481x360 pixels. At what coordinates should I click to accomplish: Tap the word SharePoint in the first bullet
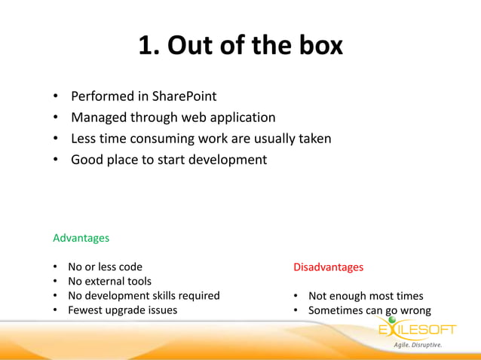click(184, 96)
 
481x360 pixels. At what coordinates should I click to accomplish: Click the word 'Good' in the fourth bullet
click(87, 160)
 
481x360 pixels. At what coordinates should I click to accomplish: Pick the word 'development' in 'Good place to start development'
click(225, 160)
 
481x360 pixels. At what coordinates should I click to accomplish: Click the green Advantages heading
click(81, 238)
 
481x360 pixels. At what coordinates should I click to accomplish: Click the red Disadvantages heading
click(328, 267)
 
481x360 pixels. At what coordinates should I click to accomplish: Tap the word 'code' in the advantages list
click(129, 267)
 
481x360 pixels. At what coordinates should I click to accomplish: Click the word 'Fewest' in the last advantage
click(85, 310)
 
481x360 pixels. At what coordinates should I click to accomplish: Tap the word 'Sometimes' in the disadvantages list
click(335, 310)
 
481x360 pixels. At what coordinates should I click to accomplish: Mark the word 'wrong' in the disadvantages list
click(414, 310)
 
